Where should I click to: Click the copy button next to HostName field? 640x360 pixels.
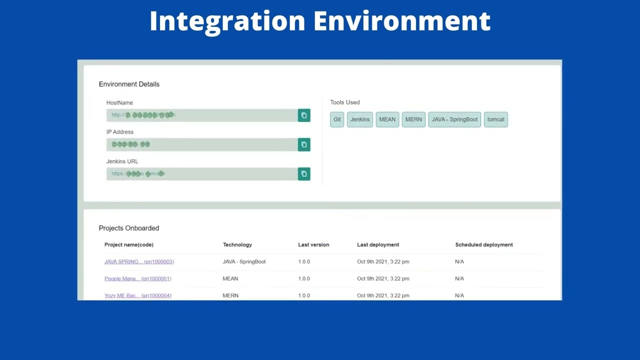pyautogui.click(x=304, y=115)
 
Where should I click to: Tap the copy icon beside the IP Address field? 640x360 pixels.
pyautogui.click(x=304, y=144)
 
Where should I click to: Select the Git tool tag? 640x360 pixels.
pyautogui.click(x=337, y=119)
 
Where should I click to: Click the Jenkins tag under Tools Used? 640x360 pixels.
pyautogui.click(x=360, y=119)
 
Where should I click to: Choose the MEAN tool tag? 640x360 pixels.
pyautogui.click(x=387, y=119)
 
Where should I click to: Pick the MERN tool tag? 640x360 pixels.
pyautogui.click(x=413, y=119)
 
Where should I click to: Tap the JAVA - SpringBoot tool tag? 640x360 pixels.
pyautogui.click(x=454, y=119)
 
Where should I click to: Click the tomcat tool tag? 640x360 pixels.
pyautogui.click(x=495, y=119)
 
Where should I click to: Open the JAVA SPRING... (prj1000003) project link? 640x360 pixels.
pyautogui.click(x=139, y=261)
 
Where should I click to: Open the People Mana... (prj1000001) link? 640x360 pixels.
pyautogui.click(x=137, y=278)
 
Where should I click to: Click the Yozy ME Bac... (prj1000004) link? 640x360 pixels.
pyautogui.click(x=137, y=295)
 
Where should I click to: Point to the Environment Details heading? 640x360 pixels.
pyautogui.click(x=129, y=84)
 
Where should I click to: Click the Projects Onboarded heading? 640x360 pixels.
pyautogui.click(x=128, y=228)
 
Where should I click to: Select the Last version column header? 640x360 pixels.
pyautogui.click(x=313, y=244)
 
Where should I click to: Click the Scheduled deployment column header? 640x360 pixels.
pyautogui.click(x=483, y=244)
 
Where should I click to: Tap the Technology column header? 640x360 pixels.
pyautogui.click(x=237, y=244)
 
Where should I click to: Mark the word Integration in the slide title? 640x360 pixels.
pyautogui.click(x=227, y=21)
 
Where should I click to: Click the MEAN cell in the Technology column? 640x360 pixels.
pyautogui.click(x=230, y=278)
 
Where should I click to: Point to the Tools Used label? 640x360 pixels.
pyautogui.click(x=344, y=102)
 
